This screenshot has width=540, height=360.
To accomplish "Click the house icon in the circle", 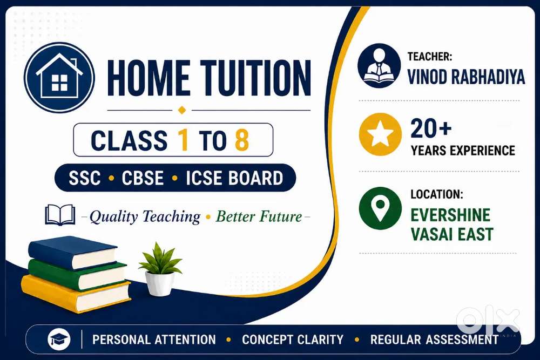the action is pyautogui.click(x=59, y=77).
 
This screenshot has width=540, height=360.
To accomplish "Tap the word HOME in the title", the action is pyautogui.click(x=148, y=78).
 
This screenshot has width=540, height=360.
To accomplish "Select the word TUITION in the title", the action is pyautogui.click(x=256, y=78).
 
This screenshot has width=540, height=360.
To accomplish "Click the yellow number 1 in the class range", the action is pyautogui.click(x=183, y=140).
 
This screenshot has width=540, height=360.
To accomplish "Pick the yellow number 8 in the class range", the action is pyautogui.click(x=242, y=140).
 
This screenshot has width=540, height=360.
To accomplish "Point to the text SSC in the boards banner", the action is pyautogui.click(x=84, y=178).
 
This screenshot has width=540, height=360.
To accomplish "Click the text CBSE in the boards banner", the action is pyautogui.click(x=143, y=178).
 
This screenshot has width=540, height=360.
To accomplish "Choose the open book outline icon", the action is pyautogui.click(x=60, y=215).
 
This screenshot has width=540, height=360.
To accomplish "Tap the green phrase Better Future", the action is pyautogui.click(x=259, y=216).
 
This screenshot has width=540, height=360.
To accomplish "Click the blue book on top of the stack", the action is pyautogui.click(x=73, y=252).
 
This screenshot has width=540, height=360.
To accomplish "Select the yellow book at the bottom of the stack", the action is pyautogui.click(x=76, y=294).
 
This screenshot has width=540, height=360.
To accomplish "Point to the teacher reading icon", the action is pyautogui.click(x=379, y=65).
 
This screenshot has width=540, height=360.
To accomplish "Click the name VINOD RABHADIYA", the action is pyautogui.click(x=466, y=77).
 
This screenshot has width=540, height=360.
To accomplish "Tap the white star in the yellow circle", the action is pyautogui.click(x=380, y=133).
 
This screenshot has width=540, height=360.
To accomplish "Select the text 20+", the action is pyautogui.click(x=431, y=128).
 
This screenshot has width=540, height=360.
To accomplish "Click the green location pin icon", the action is pyautogui.click(x=380, y=208).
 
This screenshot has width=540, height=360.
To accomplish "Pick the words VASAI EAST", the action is pyautogui.click(x=452, y=234).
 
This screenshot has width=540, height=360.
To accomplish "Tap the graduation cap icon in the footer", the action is pyautogui.click(x=59, y=339).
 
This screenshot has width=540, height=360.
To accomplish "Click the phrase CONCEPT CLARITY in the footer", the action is pyautogui.click(x=293, y=339).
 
